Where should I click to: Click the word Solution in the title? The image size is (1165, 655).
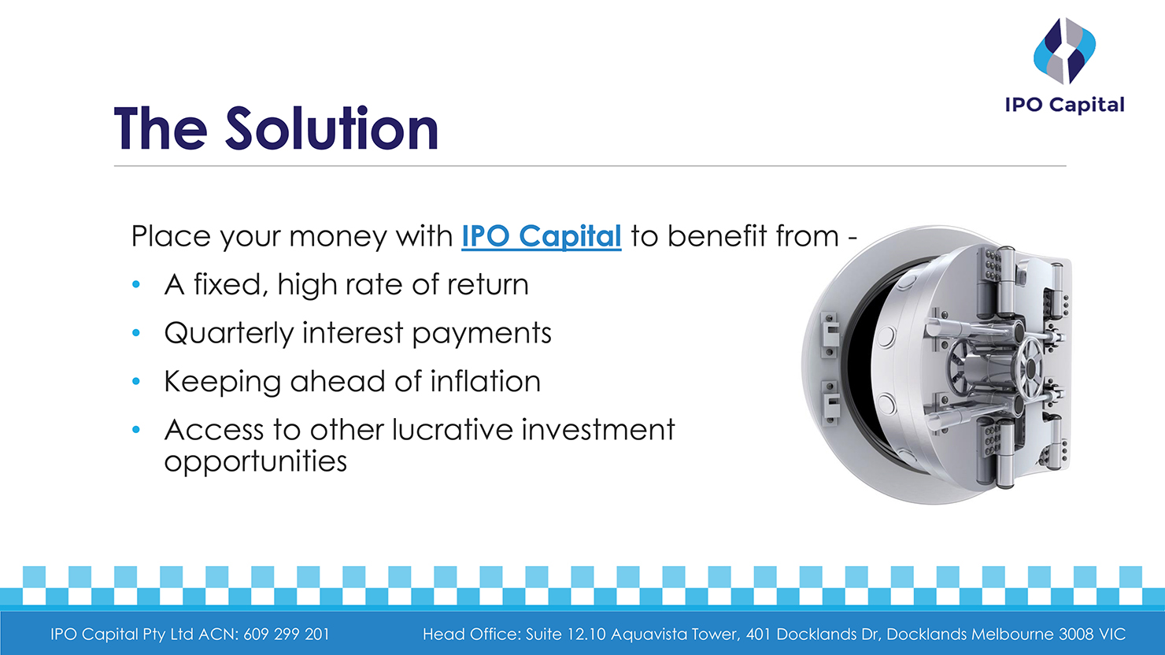(331, 129)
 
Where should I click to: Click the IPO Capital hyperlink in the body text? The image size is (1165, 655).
(541, 236)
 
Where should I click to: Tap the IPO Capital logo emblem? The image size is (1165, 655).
(1064, 51)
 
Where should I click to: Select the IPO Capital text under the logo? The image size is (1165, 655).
(1064, 105)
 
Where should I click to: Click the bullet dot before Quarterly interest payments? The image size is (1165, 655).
(136, 334)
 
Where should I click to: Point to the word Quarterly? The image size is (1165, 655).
(228, 334)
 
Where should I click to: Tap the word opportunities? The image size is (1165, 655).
(255, 461)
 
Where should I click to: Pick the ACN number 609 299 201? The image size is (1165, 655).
(287, 635)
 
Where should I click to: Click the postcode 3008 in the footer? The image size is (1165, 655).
(1076, 635)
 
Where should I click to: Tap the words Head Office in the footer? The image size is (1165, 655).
(471, 635)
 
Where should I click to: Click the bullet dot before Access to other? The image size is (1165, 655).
(136, 431)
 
